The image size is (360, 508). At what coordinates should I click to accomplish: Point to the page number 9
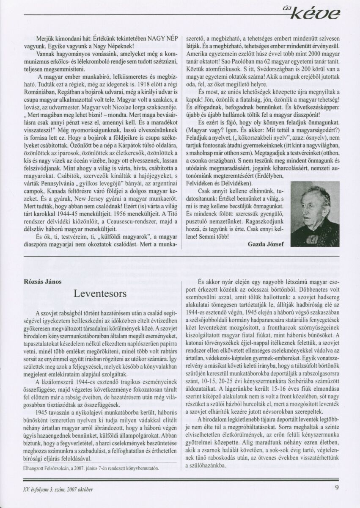coord(337,487)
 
